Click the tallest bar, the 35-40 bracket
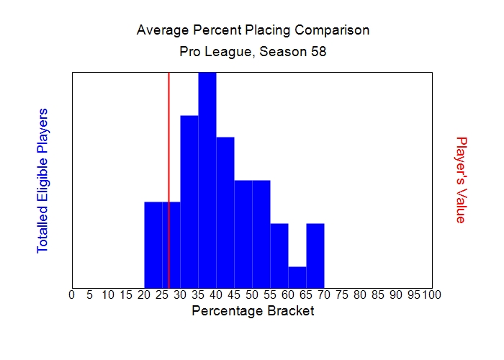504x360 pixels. (x=207, y=180)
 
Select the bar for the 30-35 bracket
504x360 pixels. (x=189, y=202)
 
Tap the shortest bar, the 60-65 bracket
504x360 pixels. (x=297, y=277)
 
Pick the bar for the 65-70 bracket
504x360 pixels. (x=315, y=256)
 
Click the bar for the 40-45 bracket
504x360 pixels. (x=225, y=212)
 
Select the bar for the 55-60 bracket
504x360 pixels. (x=279, y=256)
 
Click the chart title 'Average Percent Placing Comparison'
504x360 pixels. (x=253, y=31)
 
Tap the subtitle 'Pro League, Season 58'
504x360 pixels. (x=253, y=53)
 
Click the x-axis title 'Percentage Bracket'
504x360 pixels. (x=253, y=312)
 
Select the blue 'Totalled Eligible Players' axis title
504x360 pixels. (x=42, y=180)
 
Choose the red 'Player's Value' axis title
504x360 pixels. (x=462, y=180)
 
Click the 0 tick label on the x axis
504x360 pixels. (x=71, y=294)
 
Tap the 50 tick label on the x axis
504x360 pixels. (x=252, y=294)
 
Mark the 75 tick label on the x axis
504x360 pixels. (x=342, y=294)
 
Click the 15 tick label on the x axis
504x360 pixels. (x=126, y=294)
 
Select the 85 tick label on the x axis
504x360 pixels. (x=378, y=294)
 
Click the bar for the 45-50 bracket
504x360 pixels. (x=243, y=234)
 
